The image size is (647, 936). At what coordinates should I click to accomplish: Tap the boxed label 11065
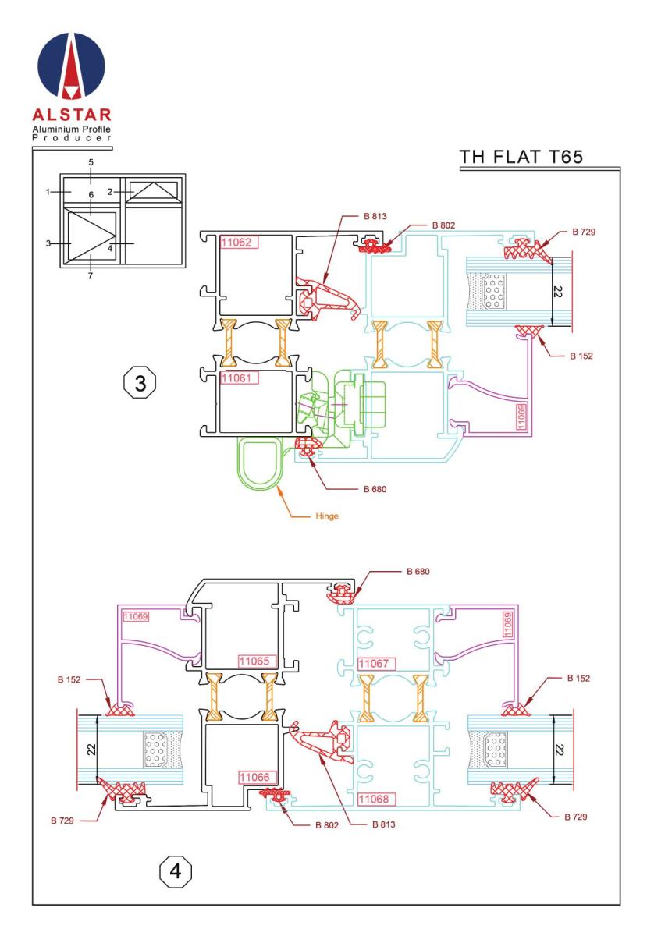pos(254,661)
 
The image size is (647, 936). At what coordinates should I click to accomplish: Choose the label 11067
pos(375,663)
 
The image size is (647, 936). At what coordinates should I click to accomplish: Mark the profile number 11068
pos(375,799)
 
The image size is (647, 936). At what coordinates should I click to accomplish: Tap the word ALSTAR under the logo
pos(73,115)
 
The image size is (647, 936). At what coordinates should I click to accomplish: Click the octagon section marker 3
pos(140,384)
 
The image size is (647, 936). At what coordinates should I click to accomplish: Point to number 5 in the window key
pos(91,162)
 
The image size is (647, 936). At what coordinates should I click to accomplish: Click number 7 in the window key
pos(91,275)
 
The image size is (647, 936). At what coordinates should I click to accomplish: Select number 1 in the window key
pos(48,191)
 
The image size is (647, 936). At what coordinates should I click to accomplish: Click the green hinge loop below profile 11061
pos(259,463)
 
